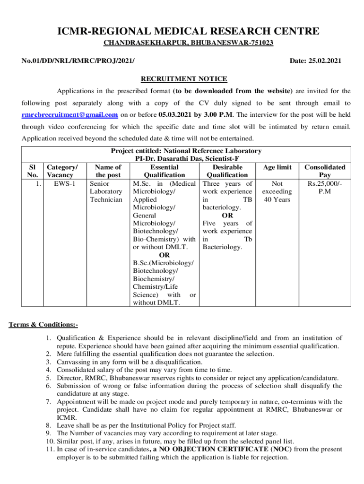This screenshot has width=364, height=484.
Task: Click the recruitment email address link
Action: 70,115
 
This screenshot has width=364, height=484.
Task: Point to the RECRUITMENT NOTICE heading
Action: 184,79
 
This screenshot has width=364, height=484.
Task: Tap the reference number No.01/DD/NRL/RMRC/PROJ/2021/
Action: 78,61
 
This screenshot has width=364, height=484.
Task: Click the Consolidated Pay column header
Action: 324,171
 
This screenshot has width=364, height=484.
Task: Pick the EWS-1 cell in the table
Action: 64,183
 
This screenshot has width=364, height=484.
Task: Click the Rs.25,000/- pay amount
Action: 324,183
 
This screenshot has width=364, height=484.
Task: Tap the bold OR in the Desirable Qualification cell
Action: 227,216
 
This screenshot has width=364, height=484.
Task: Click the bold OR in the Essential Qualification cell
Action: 164,255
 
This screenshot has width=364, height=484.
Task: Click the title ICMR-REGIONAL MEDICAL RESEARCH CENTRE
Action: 188,32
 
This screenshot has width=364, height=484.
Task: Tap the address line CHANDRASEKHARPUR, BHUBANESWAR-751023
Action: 188,43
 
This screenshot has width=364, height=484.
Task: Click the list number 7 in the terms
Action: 49,401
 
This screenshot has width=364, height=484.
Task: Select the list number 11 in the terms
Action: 50,449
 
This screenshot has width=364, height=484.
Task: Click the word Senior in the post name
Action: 100,183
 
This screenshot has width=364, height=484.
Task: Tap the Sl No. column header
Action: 32,171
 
